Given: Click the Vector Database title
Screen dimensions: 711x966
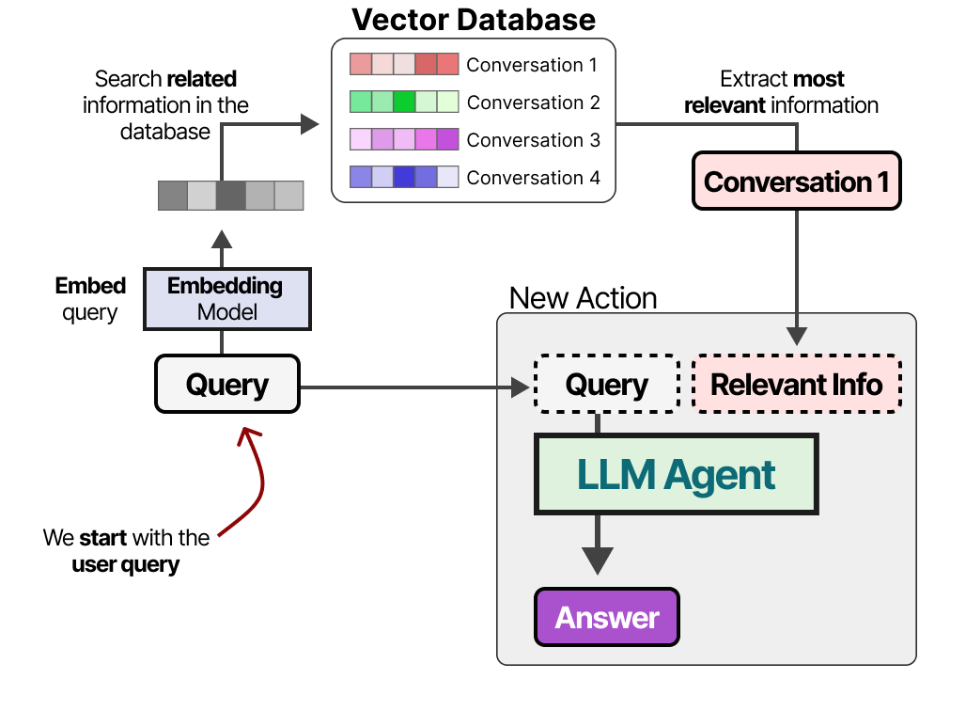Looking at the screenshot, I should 474,19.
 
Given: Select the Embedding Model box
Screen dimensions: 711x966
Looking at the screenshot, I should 226,298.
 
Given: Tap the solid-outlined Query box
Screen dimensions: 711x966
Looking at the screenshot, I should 226,385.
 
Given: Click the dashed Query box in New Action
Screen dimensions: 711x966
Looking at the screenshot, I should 606,385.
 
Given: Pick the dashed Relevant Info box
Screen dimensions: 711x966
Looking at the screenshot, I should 796,385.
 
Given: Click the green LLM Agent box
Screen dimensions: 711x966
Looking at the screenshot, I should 677,474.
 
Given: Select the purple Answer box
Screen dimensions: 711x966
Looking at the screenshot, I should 606,617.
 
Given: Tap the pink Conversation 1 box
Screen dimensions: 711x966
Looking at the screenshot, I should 796,181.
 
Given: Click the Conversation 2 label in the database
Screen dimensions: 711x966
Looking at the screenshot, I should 533,103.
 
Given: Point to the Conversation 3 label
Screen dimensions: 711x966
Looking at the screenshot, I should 533,140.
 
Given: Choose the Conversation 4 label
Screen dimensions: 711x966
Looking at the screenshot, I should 533,178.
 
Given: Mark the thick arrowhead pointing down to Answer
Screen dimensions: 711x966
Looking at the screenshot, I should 597,561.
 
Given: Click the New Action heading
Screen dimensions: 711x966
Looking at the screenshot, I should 583,298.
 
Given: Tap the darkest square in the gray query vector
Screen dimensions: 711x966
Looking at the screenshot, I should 230,195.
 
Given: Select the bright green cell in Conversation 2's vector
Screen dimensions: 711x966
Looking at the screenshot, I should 404,102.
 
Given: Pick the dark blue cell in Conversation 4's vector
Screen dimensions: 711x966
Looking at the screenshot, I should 404,177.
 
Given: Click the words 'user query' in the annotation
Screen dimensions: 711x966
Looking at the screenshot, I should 125,565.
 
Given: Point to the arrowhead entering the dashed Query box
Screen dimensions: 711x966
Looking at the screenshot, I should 520,386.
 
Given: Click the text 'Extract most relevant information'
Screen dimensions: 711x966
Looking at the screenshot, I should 781,92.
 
